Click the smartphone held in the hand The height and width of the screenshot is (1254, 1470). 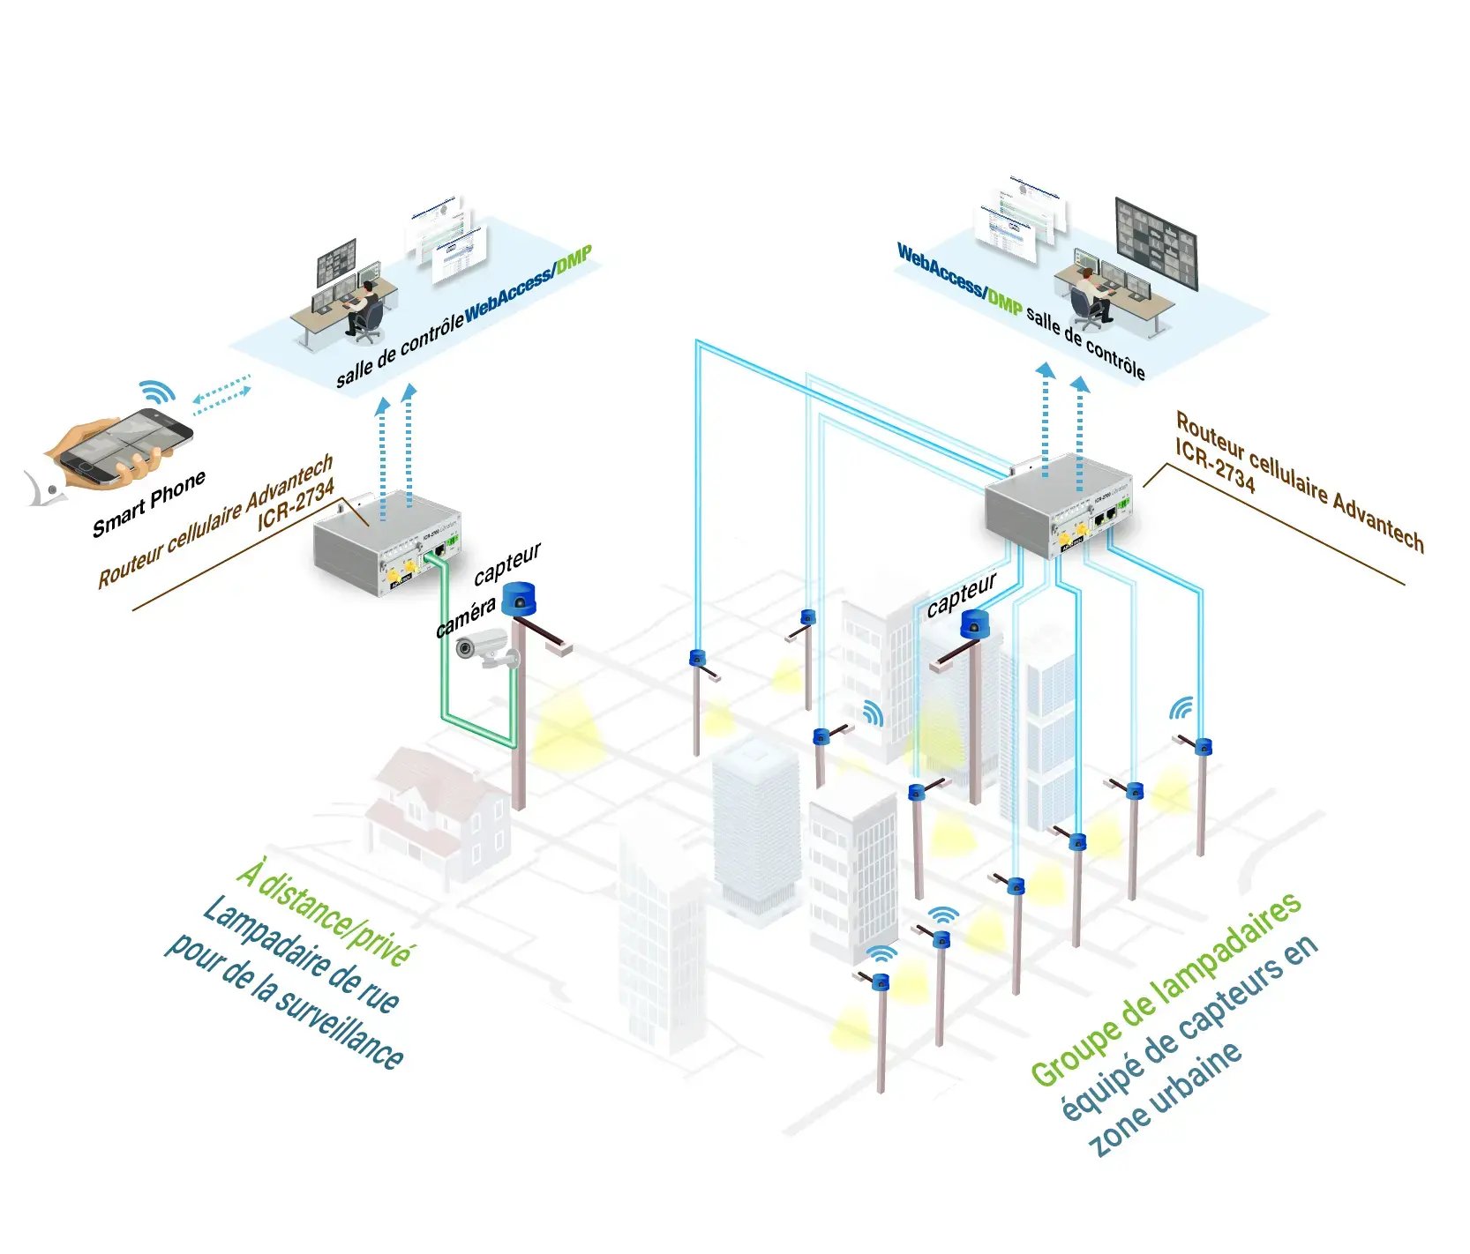pos(132,445)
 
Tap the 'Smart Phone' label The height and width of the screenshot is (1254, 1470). pos(149,504)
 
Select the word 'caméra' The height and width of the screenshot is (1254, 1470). pos(465,617)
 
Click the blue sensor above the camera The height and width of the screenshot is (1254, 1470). pos(519,600)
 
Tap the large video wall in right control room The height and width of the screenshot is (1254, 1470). pos(1156,243)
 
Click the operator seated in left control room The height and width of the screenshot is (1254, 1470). pos(362,304)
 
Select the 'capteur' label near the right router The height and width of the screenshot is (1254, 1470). pos(961,594)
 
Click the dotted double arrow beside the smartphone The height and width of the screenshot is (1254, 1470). pos(221,394)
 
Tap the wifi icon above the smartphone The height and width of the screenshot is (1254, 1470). pos(158,392)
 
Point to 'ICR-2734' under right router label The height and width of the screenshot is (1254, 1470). pos(1214,466)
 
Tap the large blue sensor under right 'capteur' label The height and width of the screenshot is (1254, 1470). pos(975,623)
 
